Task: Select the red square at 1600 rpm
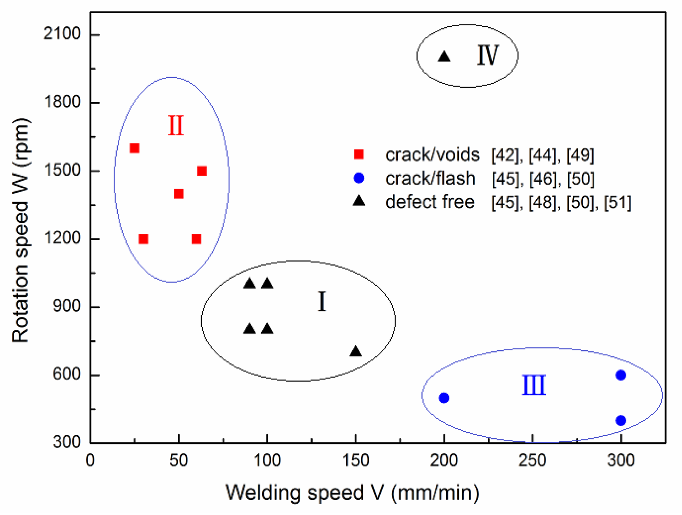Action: click(x=134, y=148)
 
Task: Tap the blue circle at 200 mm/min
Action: click(x=444, y=398)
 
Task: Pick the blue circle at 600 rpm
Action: click(x=621, y=375)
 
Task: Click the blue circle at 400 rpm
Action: click(x=621, y=421)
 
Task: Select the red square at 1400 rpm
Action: click(x=179, y=193)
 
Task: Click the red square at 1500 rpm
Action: click(x=202, y=171)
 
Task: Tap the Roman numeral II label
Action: click(x=176, y=126)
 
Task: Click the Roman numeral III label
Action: click(x=534, y=385)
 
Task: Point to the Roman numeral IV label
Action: click(x=488, y=55)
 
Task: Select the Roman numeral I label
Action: click(x=322, y=301)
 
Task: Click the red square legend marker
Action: click(x=359, y=154)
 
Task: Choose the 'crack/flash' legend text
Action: click(x=430, y=178)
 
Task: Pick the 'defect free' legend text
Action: click(x=430, y=202)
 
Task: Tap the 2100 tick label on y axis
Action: click(x=62, y=34)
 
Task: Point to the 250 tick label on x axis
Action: click(x=532, y=460)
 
